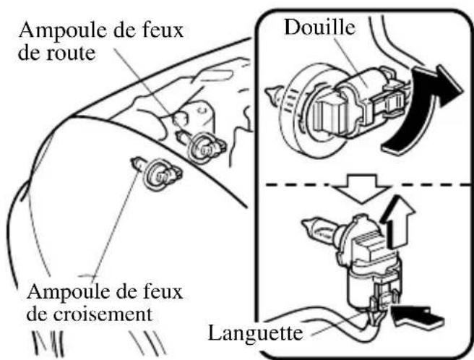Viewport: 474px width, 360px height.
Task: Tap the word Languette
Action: coord(253,334)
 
